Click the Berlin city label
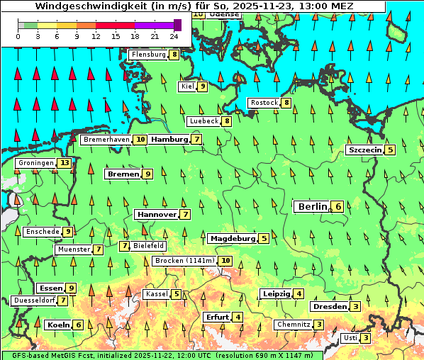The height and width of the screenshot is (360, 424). click(312, 206)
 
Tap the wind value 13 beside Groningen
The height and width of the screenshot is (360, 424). click(65, 163)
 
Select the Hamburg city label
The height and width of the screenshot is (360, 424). click(169, 140)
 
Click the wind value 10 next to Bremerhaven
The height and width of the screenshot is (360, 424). click(141, 140)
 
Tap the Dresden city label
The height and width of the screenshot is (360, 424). click(330, 307)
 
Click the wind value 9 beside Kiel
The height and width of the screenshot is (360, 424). click(203, 86)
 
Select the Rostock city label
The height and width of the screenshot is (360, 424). click(264, 103)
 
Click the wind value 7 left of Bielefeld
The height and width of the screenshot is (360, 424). click(125, 246)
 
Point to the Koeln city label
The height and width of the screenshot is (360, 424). click(58, 325)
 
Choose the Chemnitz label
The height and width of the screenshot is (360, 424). click(294, 325)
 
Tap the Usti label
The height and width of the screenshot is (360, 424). click(350, 338)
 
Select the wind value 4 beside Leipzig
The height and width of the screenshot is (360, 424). click(299, 294)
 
